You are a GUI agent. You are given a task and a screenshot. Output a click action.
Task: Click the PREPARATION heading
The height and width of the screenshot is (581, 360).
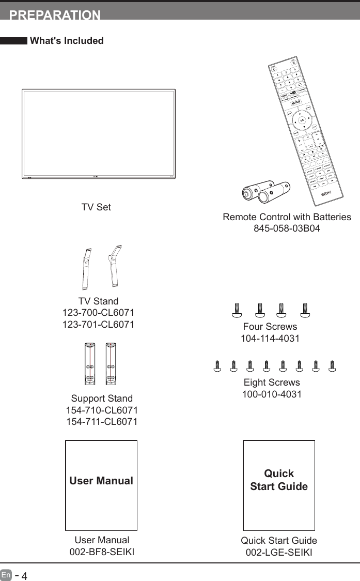pyautogui.click(x=55, y=14)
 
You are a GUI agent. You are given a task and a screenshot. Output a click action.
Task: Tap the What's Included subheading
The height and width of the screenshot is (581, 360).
pyautogui.click(x=67, y=41)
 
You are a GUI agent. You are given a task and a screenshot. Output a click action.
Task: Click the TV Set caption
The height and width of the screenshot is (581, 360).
pyautogui.click(x=96, y=207)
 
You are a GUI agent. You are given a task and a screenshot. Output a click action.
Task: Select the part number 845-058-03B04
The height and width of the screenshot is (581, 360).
pyautogui.click(x=287, y=228)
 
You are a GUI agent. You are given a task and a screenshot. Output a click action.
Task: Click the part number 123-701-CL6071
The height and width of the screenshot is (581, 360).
pyautogui.click(x=98, y=325)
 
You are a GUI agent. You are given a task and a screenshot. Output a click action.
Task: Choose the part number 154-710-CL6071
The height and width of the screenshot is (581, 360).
pyautogui.click(x=102, y=410)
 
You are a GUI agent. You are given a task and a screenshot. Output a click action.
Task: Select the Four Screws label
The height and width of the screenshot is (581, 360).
pyautogui.click(x=270, y=327)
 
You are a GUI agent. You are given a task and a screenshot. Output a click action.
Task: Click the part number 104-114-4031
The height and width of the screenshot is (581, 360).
pyautogui.click(x=270, y=339)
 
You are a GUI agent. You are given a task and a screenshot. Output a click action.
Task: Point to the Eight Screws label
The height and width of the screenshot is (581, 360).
pyautogui.click(x=272, y=383)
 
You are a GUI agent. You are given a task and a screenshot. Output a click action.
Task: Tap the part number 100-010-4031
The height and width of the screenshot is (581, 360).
pyautogui.click(x=272, y=394)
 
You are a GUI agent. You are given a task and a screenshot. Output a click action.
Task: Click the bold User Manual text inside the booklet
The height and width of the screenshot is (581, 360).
pyautogui.click(x=101, y=481)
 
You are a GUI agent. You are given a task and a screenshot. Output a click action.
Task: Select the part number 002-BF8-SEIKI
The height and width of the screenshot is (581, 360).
pyautogui.click(x=102, y=552)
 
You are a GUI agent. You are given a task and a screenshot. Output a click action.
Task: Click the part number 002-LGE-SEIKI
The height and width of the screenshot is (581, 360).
pyautogui.click(x=279, y=552)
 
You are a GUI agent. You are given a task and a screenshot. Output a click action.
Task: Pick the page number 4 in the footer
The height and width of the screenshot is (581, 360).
pyautogui.click(x=24, y=575)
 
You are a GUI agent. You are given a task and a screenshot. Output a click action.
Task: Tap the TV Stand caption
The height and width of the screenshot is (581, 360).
pyautogui.click(x=98, y=301)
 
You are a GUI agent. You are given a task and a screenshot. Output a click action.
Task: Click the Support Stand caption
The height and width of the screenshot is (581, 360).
pyautogui.click(x=102, y=399)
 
